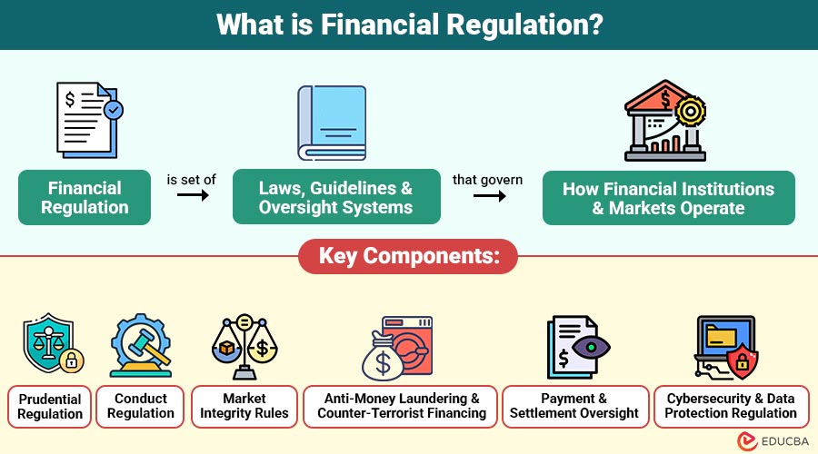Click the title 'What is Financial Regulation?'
click(x=409, y=24)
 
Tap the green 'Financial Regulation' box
click(x=85, y=198)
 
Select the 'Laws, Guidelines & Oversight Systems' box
click(x=335, y=198)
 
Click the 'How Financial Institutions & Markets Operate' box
click(x=668, y=198)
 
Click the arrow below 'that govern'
click(x=487, y=195)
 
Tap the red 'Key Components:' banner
click(x=408, y=256)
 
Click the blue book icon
click(x=332, y=123)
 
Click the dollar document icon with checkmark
click(x=87, y=117)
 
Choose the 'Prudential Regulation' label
click(x=50, y=406)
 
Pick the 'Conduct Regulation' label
click(x=141, y=406)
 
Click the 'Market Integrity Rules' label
click(x=244, y=406)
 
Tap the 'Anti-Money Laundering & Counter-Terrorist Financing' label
click(x=402, y=406)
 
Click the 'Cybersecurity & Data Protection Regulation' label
click(x=731, y=406)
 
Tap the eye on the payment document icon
click(x=595, y=346)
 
